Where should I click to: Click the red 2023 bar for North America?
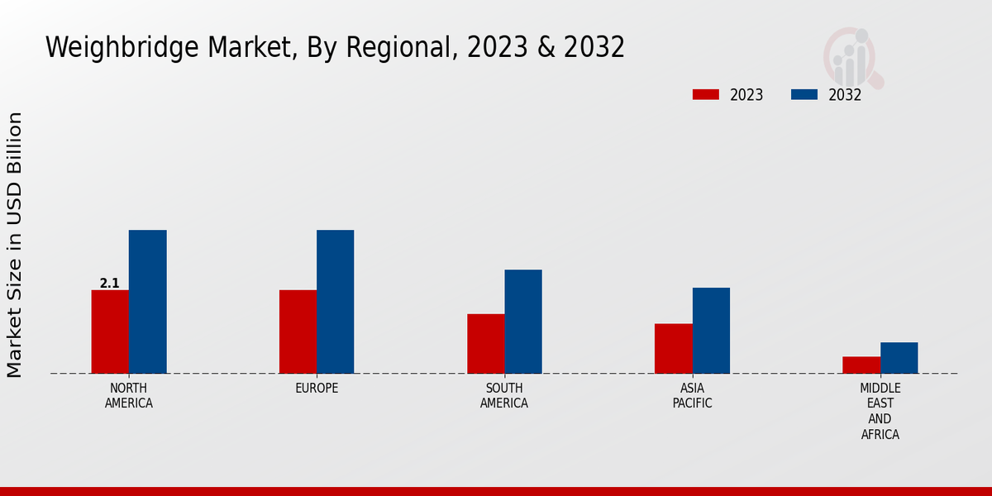point(110,331)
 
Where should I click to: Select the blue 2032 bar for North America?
point(147,302)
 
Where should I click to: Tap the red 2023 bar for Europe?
point(298,331)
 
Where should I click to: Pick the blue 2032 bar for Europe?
point(335,302)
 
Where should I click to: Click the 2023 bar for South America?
point(485,344)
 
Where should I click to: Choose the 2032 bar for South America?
point(523,322)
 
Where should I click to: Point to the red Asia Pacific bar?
point(673,348)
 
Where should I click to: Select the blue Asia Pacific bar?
point(711,331)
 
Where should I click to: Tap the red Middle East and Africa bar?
point(861,365)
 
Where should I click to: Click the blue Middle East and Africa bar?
point(899,358)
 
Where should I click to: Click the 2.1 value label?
point(109,284)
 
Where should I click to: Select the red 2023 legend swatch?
point(705,95)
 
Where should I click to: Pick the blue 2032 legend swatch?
point(804,95)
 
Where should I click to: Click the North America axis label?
point(129,396)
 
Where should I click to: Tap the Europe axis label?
point(317,389)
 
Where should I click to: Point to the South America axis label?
point(504,396)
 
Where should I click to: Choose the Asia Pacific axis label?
point(692,396)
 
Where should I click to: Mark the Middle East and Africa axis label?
point(880,411)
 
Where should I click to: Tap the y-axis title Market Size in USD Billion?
point(15,245)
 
